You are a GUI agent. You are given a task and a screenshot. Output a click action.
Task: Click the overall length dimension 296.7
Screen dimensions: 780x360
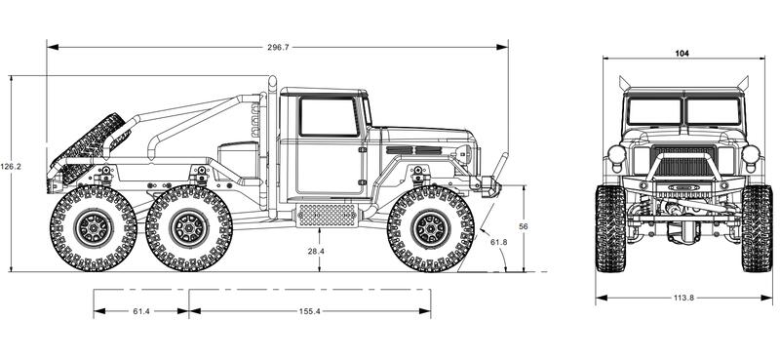click(x=278, y=47)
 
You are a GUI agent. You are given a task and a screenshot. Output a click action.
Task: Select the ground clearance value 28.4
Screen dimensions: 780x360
click(x=315, y=252)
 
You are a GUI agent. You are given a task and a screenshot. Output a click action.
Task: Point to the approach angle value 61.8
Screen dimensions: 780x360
click(x=498, y=242)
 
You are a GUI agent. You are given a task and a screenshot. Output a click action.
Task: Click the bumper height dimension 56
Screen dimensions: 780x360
click(x=524, y=226)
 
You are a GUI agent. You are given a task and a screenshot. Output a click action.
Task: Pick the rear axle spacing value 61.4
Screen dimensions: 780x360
click(x=141, y=311)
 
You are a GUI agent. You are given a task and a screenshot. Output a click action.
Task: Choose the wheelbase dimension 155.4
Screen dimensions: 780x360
click(x=309, y=311)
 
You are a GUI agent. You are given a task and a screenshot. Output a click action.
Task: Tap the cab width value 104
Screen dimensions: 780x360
click(x=682, y=54)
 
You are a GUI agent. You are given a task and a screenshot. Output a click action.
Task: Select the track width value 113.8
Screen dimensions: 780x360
click(x=683, y=298)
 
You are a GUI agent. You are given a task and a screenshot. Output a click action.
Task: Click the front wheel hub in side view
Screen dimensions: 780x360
click(x=431, y=228)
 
